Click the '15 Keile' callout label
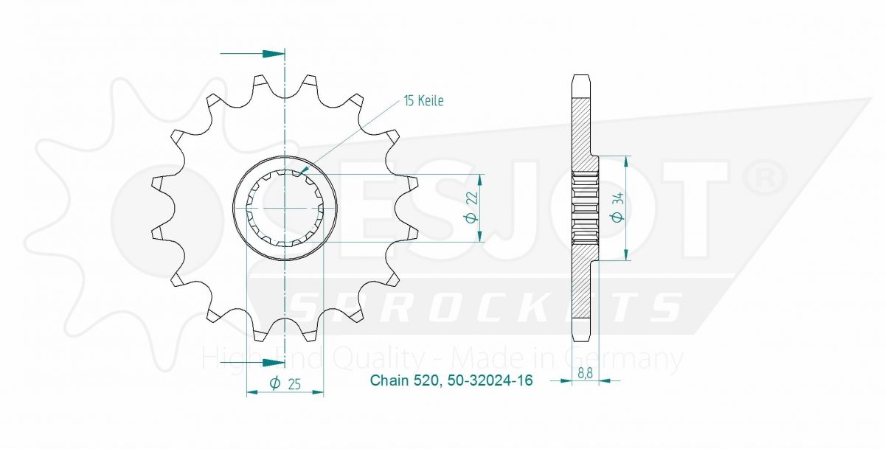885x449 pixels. [423, 101]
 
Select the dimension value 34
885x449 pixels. [619, 198]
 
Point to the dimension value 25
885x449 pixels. [294, 383]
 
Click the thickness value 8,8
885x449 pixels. [585, 373]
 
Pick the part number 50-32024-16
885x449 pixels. [490, 380]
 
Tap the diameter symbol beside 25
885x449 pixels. [274, 383]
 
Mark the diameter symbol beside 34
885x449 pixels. [619, 217]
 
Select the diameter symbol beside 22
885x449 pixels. [473, 217]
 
